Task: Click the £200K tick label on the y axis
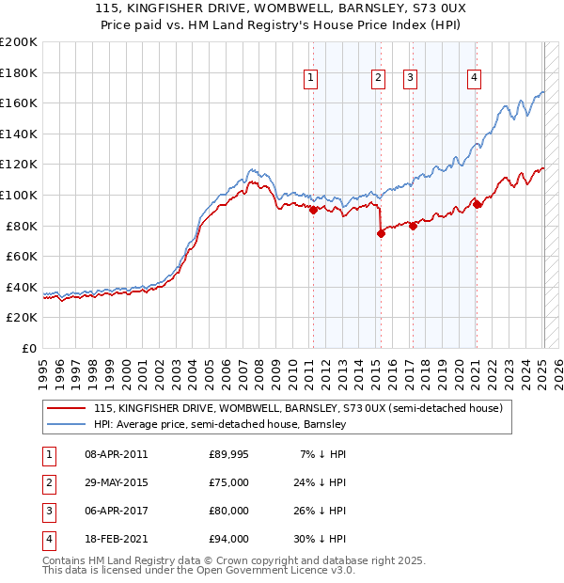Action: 19,42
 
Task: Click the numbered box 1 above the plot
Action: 310,78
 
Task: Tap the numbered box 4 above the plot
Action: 475,78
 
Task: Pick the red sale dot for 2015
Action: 381,234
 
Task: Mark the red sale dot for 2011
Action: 313,211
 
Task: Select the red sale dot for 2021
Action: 477,204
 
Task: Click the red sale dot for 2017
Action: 413,226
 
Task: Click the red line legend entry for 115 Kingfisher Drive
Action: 299,408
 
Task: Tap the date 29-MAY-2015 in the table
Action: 117,483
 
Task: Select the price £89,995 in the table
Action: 229,454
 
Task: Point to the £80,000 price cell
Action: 229,511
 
